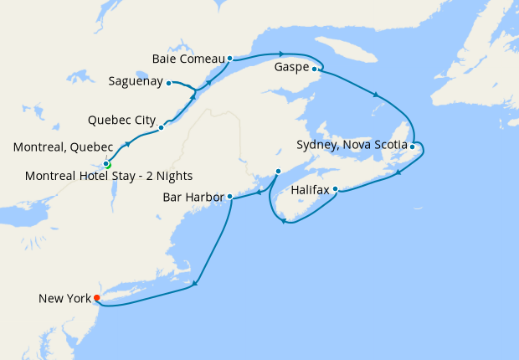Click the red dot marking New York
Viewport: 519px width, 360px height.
coord(97,297)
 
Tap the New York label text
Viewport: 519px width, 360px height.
coord(64,298)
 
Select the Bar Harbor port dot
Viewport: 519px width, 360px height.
coord(229,197)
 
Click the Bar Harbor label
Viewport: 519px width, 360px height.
coord(195,198)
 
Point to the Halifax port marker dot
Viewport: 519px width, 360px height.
coord(335,188)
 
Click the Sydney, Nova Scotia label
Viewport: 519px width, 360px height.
coord(352,145)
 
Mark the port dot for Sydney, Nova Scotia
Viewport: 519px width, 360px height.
coord(413,147)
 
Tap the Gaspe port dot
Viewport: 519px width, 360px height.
coord(315,69)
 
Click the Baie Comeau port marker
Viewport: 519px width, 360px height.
coord(229,59)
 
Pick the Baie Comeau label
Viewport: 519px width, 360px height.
coord(189,59)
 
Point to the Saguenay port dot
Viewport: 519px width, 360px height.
coord(169,82)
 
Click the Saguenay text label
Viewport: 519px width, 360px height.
coord(136,82)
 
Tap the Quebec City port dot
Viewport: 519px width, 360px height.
coord(161,128)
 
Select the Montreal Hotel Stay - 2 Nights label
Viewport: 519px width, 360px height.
coord(109,176)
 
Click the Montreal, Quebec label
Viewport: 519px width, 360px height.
coord(63,147)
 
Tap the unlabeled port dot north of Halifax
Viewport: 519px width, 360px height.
coord(278,172)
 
